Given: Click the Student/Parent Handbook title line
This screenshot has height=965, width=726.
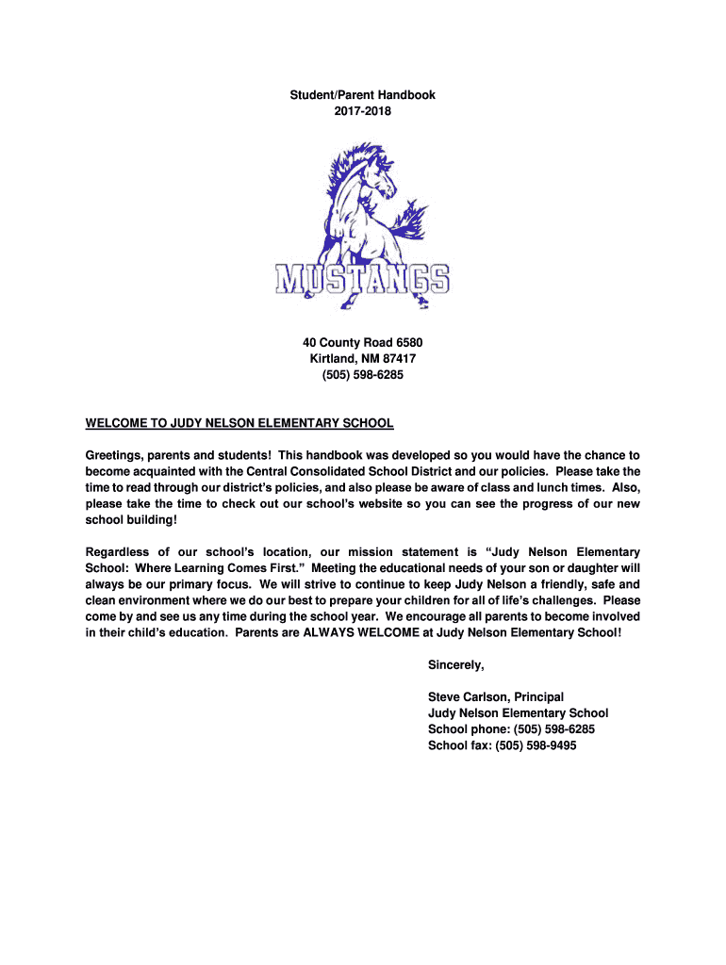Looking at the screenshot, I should click(x=363, y=95).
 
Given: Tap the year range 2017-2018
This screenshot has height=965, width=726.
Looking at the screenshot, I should click(x=363, y=110).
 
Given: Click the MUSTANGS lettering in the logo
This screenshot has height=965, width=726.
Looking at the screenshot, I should click(x=363, y=278).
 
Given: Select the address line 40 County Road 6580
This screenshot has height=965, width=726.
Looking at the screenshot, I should click(x=363, y=342).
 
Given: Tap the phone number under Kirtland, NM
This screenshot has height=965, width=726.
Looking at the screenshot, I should click(x=363, y=374).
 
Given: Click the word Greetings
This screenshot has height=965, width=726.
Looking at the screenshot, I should click(x=116, y=455).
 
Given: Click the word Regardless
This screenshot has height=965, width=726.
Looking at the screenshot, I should click(x=117, y=552).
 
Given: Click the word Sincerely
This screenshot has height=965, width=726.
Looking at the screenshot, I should click(x=455, y=665).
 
